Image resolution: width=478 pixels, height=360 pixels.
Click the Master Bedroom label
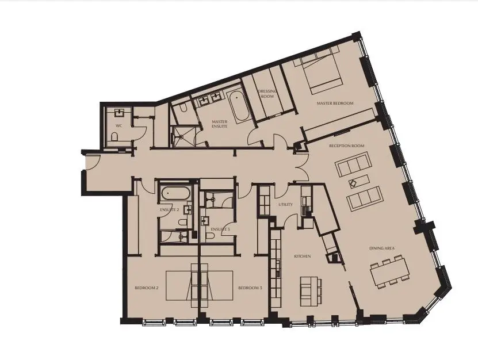tap(335, 104)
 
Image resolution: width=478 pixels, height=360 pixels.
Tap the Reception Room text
tap(347, 145)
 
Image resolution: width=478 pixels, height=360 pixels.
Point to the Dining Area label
tap(382, 248)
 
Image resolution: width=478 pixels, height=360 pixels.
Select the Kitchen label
tap(303, 256)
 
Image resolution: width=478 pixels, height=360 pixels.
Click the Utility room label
tap(286, 204)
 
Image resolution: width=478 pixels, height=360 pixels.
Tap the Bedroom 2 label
tap(147, 288)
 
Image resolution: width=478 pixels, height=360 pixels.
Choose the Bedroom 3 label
tap(250, 288)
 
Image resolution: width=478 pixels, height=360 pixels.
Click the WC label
tap(119, 125)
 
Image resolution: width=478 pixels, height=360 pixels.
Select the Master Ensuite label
tap(220, 124)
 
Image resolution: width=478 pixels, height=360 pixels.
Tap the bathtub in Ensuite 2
tap(176, 193)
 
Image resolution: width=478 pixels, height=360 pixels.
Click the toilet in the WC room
tap(114, 136)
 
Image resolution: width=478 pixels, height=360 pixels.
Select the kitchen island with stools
tap(311, 291)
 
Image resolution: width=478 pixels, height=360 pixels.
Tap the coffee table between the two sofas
tap(359, 181)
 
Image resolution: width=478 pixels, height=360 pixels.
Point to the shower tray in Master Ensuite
tap(182, 136)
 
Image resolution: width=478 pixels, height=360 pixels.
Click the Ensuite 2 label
tap(170, 210)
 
